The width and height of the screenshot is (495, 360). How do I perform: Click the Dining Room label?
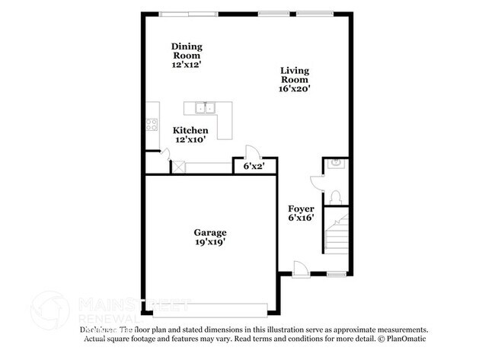(187, 50)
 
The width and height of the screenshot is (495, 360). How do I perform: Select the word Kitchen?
(190, 130)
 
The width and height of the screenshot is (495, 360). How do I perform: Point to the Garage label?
(209, 232)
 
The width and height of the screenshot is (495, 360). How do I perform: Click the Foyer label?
(301, 209)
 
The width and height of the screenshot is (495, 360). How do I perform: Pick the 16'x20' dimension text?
(294, 88)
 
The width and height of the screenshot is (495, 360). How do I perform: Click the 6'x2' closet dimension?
(254, 166)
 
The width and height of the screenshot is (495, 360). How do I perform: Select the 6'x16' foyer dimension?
(301, 218)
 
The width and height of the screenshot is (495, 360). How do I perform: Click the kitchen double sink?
(204, 107)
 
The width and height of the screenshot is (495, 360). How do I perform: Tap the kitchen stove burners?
(152, 125)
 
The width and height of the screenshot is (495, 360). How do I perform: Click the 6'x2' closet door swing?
(249, 151)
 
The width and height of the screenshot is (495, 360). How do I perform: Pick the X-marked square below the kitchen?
(178, 166)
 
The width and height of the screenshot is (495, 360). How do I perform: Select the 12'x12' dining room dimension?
(187, 65)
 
